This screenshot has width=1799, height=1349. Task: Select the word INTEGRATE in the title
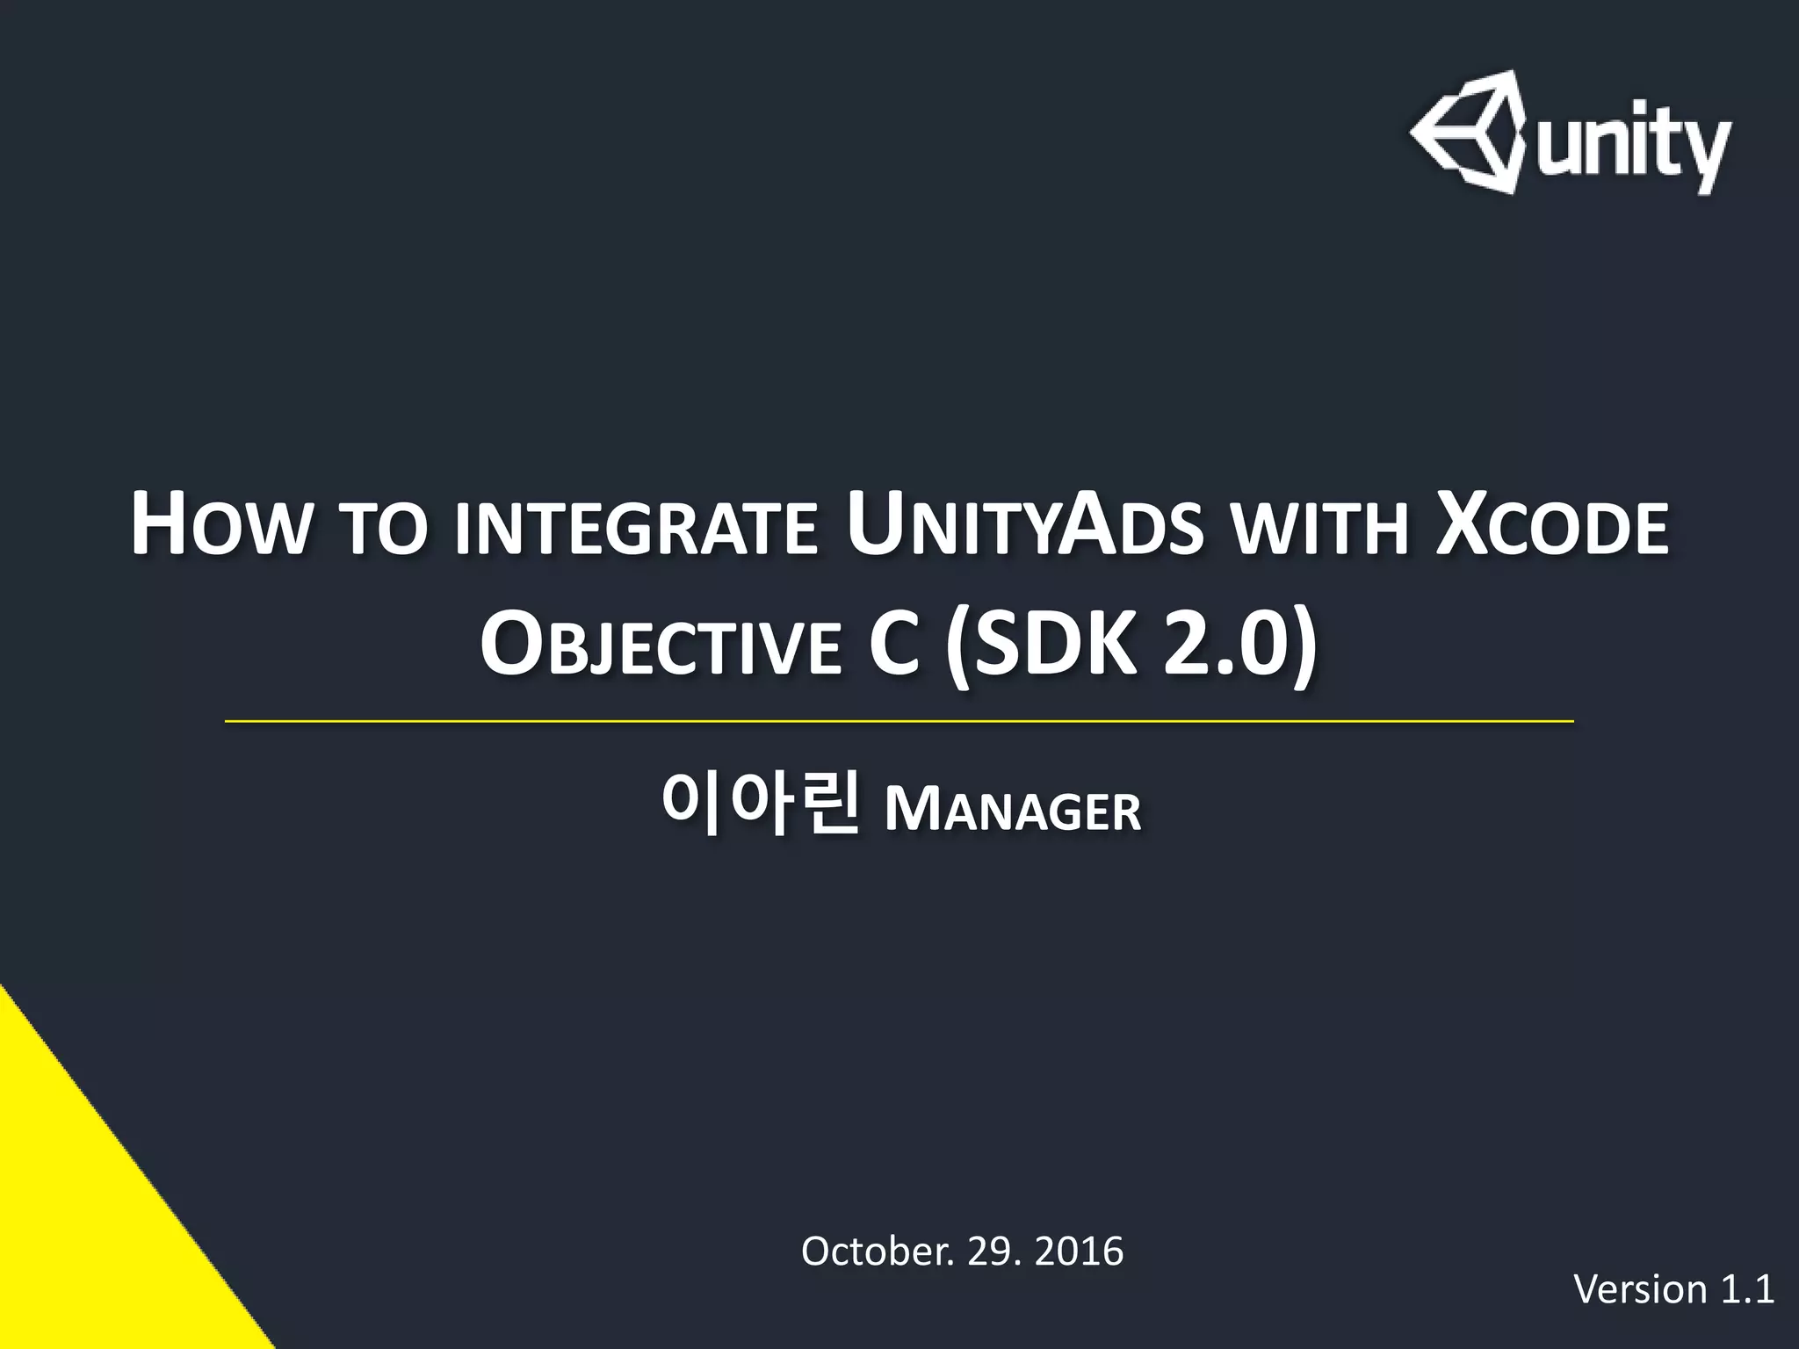point(636,529)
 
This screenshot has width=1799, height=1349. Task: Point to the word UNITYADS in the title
point(1022,527)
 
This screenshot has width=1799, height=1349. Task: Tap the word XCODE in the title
point(1551,527)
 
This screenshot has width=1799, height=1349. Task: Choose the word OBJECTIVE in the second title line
point(660,647)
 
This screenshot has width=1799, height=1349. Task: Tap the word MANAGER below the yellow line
point(1012,809)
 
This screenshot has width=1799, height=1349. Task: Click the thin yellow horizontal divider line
point(899,721)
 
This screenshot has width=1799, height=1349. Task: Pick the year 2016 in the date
point(1079,1252)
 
